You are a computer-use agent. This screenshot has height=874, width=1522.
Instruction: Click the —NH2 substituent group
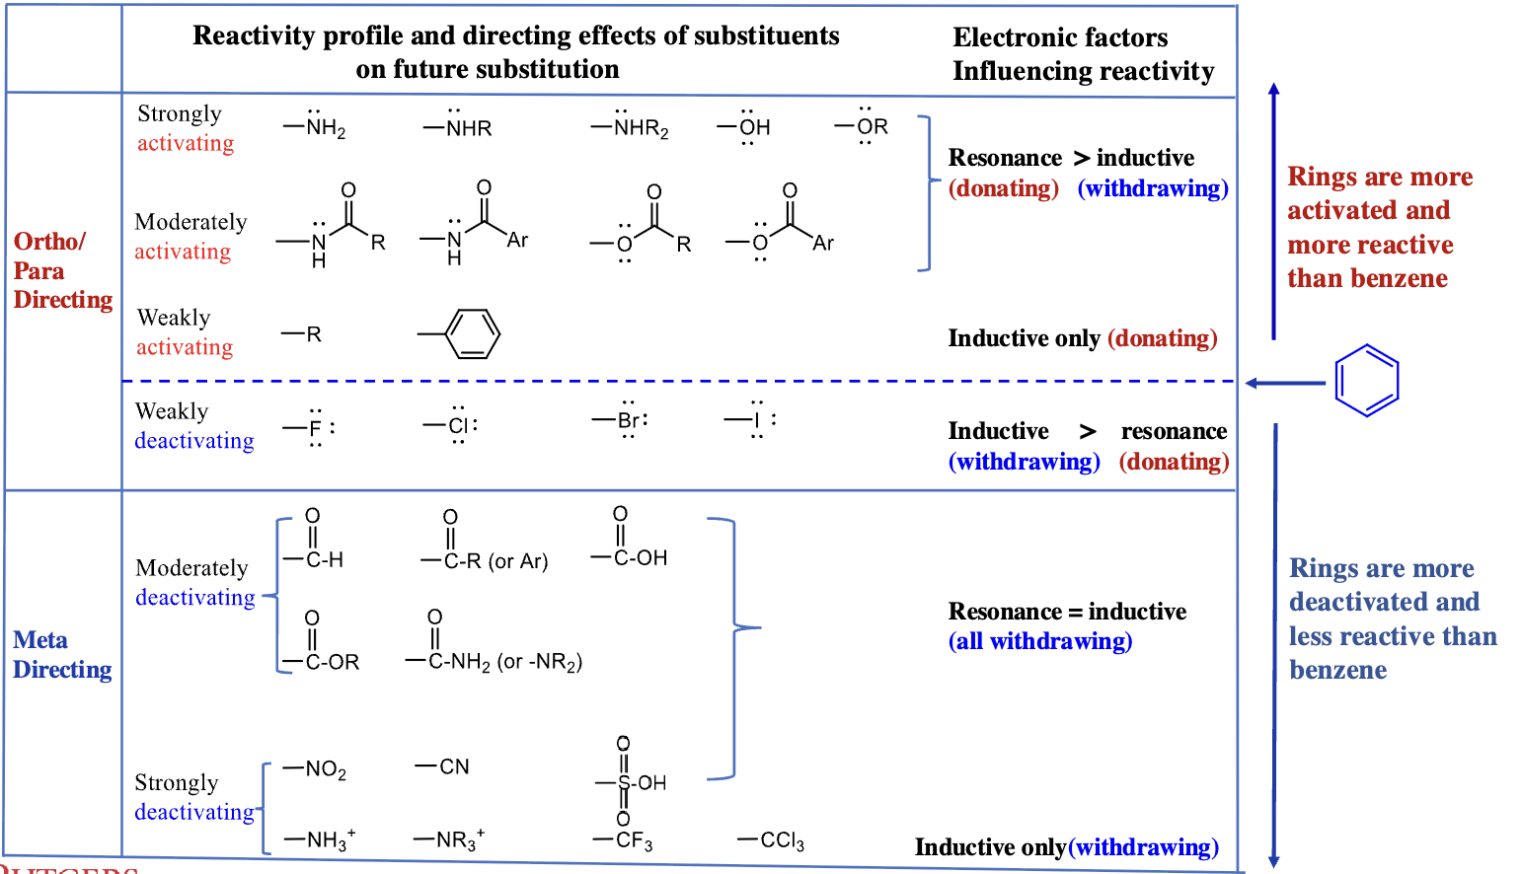[x=315, y=125]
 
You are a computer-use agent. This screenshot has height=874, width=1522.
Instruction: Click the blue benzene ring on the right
[x=1366, y=381]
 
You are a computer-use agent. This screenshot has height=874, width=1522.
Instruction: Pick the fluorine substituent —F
[x=309, y=428]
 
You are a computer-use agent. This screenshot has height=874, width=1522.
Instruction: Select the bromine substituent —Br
[x=620, y=419]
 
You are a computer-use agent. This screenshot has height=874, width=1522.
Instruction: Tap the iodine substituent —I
[x=750, y=419]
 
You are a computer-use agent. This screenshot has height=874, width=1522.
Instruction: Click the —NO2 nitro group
[x=315, y=769]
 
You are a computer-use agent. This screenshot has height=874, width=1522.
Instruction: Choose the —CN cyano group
[x=442, y=766]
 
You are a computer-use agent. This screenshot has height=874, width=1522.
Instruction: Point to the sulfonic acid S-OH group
[x=632, y=781]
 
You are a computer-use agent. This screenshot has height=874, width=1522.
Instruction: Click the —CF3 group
[x=623, y=841]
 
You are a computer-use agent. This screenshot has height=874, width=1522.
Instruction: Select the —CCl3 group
[x=771, y=841]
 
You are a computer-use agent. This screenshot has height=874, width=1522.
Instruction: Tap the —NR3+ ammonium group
[x=450, y=839]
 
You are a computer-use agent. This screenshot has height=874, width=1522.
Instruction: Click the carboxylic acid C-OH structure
[x=630, y=537]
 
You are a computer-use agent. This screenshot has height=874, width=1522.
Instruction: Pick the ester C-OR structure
[x=321, y=641]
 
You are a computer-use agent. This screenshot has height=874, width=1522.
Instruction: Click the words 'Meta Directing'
[x=62, y=655]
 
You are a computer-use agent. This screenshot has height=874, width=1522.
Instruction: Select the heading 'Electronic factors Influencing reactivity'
[x=1083, y=54]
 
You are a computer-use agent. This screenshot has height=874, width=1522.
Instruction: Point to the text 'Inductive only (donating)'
[x=1083, y=338]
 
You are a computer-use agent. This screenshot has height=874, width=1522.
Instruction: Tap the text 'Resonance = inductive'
[x=1067, y=612]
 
